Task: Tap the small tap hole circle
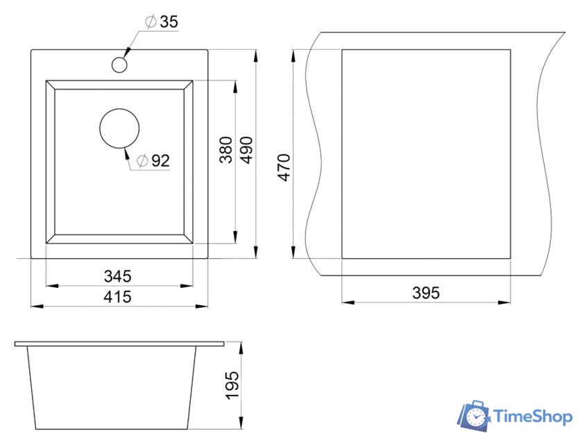[119, 65]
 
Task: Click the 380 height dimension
[225, 150]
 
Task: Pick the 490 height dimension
[246, 150]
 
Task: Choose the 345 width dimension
[118, 276]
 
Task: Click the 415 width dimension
[118, 297]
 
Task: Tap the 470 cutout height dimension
[284, 168]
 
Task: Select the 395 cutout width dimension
[426, 293]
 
